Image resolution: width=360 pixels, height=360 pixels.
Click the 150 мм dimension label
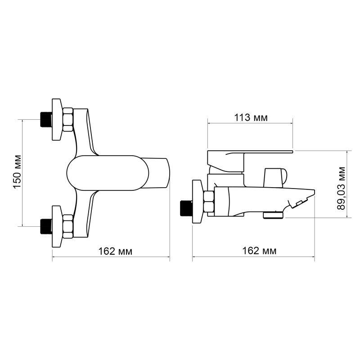(17, 173)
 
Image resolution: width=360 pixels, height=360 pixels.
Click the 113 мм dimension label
(250, 118)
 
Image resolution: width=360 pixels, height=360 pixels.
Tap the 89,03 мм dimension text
(343, 188)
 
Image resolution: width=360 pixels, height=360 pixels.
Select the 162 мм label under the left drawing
(115, 251)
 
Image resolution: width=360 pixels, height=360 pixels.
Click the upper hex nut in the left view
(68, 120)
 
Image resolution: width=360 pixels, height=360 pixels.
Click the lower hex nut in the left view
(68, 226)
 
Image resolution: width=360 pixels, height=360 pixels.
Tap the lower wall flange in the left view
(56, 226)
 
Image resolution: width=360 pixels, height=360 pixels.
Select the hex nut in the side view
(209, 202)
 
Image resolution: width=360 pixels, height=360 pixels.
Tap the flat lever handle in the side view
(250, 154)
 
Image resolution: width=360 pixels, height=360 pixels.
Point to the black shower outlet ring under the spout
(274, 215)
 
